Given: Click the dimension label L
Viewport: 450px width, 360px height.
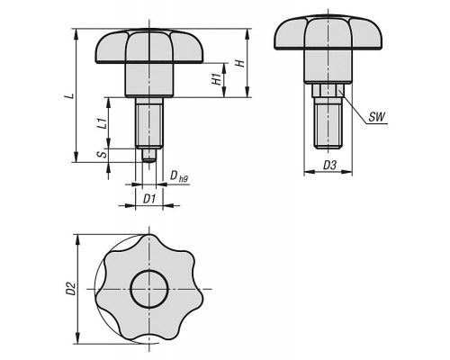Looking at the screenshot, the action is (70, 95).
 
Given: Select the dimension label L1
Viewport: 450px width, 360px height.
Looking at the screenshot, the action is (103, 123).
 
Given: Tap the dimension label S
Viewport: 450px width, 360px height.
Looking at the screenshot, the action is (103, 154).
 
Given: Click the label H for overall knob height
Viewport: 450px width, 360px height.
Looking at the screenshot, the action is (240, 63).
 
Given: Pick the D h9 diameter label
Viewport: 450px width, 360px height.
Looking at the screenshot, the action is (179, 176).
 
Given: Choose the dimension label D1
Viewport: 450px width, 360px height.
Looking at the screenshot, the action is (149, 198).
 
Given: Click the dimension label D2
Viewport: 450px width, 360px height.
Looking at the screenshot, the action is (70, 288).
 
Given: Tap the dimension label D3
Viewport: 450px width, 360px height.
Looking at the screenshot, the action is (329, 165).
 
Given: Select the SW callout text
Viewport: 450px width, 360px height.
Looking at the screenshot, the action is (376, 117).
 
